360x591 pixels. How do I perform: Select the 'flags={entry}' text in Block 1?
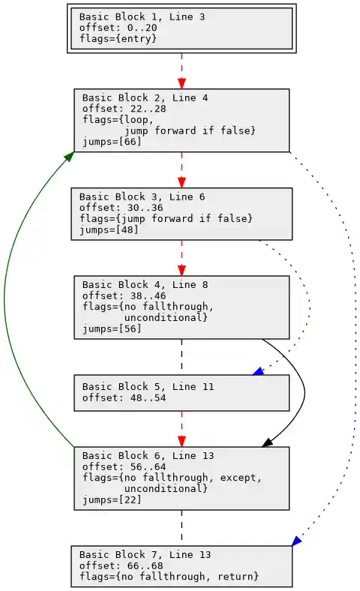coord(118,38)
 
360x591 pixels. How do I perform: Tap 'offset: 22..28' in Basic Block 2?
coord(124,109)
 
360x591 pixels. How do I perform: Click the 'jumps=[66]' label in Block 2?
coord(112,142)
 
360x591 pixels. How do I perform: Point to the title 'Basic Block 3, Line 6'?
coord(142,196)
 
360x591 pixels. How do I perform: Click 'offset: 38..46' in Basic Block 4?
coord(124,295)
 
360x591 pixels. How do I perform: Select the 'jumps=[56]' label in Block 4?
coord(112,328)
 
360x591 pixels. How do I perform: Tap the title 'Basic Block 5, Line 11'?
coord(148,387)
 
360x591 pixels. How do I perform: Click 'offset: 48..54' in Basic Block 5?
coord(124,397)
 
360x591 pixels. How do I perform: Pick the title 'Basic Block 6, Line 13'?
coord(148,455)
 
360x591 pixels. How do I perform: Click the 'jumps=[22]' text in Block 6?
coord(112,499)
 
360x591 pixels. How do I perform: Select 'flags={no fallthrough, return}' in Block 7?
coord(169,576)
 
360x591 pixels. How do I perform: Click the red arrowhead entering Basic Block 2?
coord(181,83)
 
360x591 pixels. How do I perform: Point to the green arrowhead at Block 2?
coord(69,156)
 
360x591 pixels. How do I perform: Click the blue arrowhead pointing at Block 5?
coord(258,371)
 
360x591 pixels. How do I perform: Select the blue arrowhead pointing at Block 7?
coord(297,541)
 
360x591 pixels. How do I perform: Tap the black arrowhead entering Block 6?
coord(267,442)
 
